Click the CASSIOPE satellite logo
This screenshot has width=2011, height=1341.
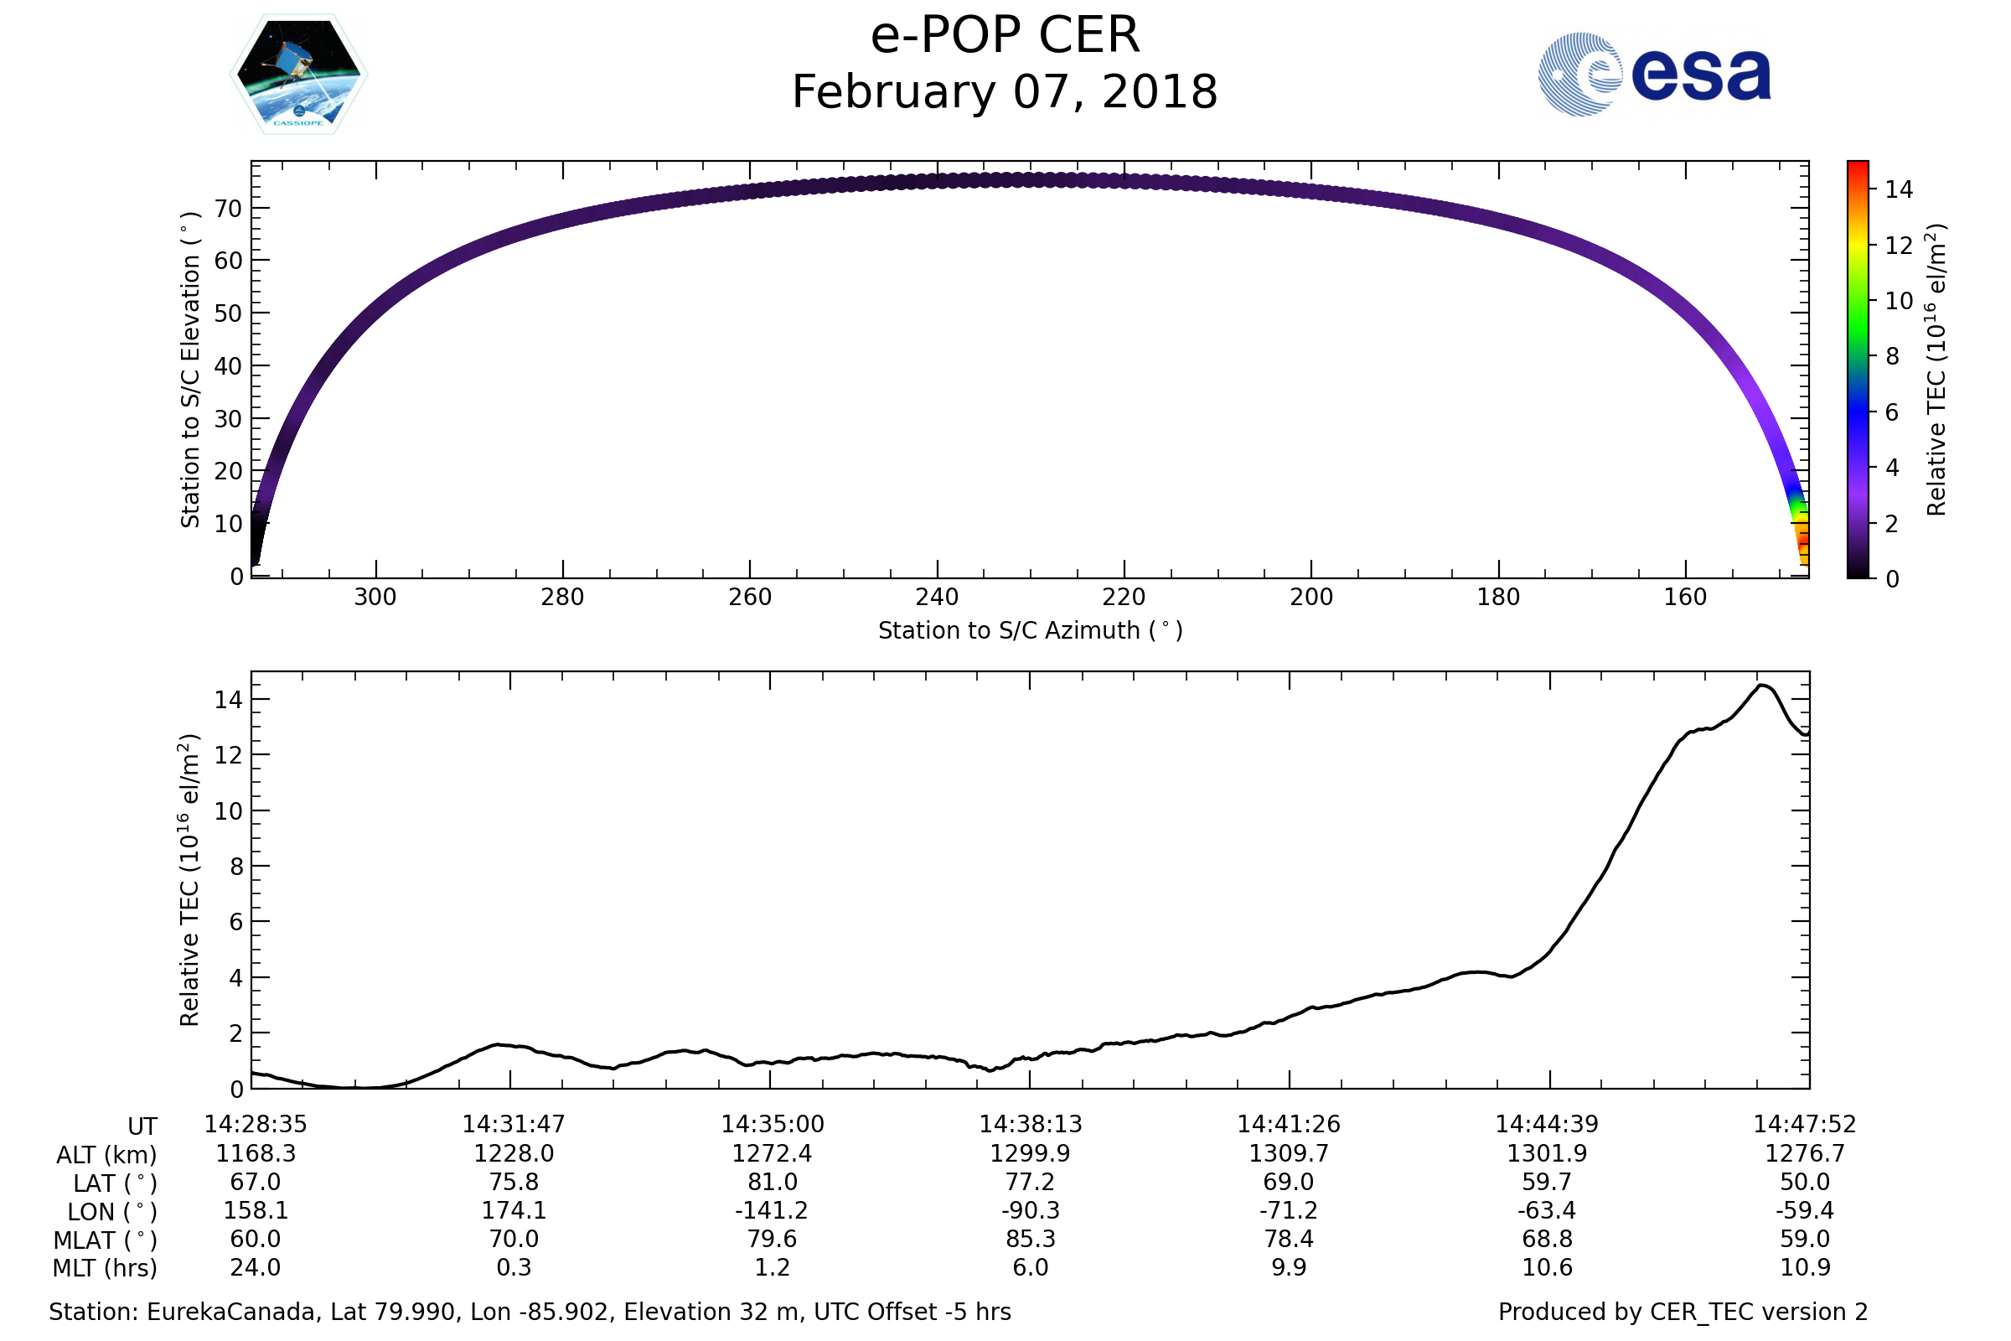[299, 75]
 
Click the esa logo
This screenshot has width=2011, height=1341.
[1654, 75]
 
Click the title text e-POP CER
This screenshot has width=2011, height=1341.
[1005, 36]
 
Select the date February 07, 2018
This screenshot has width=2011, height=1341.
[1005, 92]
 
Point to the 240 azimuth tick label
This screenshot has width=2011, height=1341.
[937, 597]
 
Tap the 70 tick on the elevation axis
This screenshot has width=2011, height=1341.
[228, 208]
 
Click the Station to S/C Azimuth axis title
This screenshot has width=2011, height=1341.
[1031, 631]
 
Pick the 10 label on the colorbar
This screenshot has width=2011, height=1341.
[1899, 301]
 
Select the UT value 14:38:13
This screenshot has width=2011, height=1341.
[1031, 1124]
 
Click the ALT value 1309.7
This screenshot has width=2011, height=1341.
[1289, 1154]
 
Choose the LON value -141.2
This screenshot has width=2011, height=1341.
[771, 1210]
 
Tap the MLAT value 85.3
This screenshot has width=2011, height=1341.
[1031, 1239]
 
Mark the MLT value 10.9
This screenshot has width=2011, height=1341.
[1805, 1267]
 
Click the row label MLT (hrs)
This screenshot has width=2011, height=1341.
[106, 1268]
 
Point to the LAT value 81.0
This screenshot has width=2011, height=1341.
[772, 1182]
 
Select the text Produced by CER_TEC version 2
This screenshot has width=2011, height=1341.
[1683, 1312]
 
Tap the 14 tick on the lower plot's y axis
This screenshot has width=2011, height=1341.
[228, 700]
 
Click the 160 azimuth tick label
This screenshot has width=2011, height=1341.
[1685, 597]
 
